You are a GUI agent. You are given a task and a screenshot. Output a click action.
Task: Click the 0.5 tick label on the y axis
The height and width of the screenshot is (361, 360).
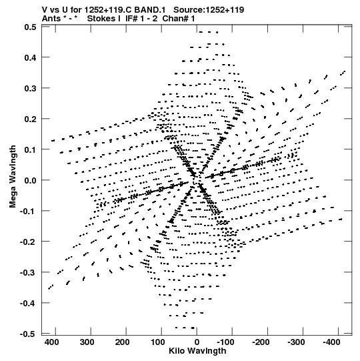(x=31, y=27)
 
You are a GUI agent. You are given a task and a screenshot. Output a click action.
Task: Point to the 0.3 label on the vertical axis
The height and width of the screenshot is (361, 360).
(x=31, y=88)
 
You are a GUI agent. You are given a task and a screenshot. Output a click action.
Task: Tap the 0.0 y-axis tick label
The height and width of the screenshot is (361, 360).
(x=31, y=180)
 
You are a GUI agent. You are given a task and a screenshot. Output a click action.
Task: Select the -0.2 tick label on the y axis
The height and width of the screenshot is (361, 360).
(x=28, y=242)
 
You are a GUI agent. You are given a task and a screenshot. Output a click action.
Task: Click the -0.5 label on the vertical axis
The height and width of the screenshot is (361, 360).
(x=28, y=334)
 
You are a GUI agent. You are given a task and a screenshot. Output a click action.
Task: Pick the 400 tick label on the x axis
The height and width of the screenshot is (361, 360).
(x=52, y=342)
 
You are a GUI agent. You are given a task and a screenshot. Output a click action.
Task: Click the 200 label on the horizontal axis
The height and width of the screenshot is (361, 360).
(x=123, y=342)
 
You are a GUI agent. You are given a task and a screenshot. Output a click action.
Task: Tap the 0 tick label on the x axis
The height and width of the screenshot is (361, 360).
(x=197, y=342)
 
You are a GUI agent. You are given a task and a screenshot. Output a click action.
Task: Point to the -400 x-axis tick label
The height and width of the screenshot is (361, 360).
(x=332, y=342)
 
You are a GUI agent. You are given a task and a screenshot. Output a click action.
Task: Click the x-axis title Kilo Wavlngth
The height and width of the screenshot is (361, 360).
(x=197, y=351)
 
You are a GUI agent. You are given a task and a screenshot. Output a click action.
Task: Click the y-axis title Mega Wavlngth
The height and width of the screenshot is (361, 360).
(x=13, y=177)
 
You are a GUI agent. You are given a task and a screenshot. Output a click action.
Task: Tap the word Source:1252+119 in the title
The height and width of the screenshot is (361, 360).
(x=209, y=10)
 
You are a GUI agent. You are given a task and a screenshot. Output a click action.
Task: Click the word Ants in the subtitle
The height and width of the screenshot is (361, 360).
(x=51, y=19)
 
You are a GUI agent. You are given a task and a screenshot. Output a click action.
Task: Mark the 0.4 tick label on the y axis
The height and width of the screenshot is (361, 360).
(x=31, y=57)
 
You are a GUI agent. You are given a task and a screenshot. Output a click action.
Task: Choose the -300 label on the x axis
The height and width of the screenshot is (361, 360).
(x=296, y=342)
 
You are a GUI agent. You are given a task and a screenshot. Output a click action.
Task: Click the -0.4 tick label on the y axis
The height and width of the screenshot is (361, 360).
(x=28, y=303)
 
